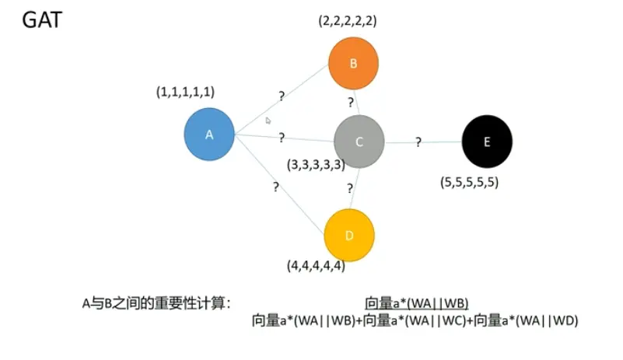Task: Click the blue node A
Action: coord(209,135)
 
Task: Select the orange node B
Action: coord(353,64)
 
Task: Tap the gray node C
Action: coord(359,142)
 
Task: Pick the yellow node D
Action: coord(349,234)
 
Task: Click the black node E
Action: coord(487,142)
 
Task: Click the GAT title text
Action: coord(41,19)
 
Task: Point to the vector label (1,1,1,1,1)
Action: coord(186,92)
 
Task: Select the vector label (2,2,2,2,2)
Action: coord(348,22)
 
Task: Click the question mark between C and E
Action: coord(418,142)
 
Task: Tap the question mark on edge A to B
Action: coord(281,97)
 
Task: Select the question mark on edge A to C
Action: coord(281,138)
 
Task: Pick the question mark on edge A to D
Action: coord(275,187)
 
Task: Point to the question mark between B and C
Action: coord(351,102)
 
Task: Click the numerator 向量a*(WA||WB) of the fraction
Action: coord(416,303)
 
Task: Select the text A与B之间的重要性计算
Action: coord(156,303)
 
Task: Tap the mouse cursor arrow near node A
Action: coord(268,121)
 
